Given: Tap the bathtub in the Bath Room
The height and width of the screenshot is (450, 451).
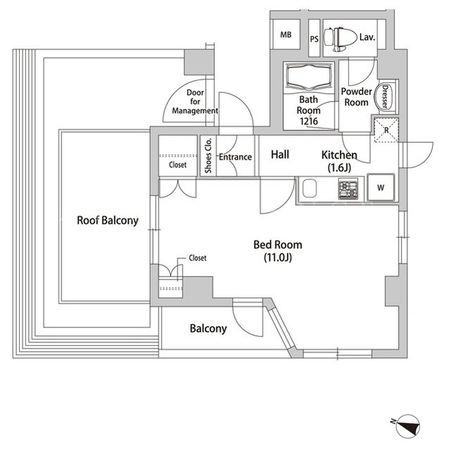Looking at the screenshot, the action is [x=309, y=77].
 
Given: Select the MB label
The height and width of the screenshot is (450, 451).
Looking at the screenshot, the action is [x=285, y=35].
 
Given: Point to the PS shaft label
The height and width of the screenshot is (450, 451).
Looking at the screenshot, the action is [x=314, y=39].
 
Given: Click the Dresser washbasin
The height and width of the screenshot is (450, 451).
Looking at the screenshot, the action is [x=384, y=96].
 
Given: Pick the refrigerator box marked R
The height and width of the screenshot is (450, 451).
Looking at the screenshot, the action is [x=386, y=130].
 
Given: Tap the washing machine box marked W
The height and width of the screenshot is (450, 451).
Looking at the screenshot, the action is [x=381, y=187].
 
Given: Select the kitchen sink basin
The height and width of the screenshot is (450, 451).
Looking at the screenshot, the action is [x=309, y=189].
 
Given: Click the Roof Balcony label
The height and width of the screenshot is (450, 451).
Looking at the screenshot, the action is [x=108, y=220].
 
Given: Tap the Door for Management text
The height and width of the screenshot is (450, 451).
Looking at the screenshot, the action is [x=195, y=101].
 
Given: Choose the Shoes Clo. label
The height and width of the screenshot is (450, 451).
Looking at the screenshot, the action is [x=209, y=156].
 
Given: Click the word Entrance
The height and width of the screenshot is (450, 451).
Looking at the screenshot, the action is [x=235, y=157].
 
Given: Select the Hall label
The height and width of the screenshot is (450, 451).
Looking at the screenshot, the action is [x=280, y=155].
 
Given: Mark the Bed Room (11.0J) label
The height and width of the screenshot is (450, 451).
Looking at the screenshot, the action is [x=278, y=251].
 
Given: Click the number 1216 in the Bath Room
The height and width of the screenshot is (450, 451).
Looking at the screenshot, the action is [x=309, y=121].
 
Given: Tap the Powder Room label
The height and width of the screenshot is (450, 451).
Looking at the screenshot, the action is [x=357, y=97].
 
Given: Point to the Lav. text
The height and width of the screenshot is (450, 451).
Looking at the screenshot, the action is [x=367, y=37].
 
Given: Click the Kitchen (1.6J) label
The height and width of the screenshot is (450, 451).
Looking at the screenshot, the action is [x=340, y=161].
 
